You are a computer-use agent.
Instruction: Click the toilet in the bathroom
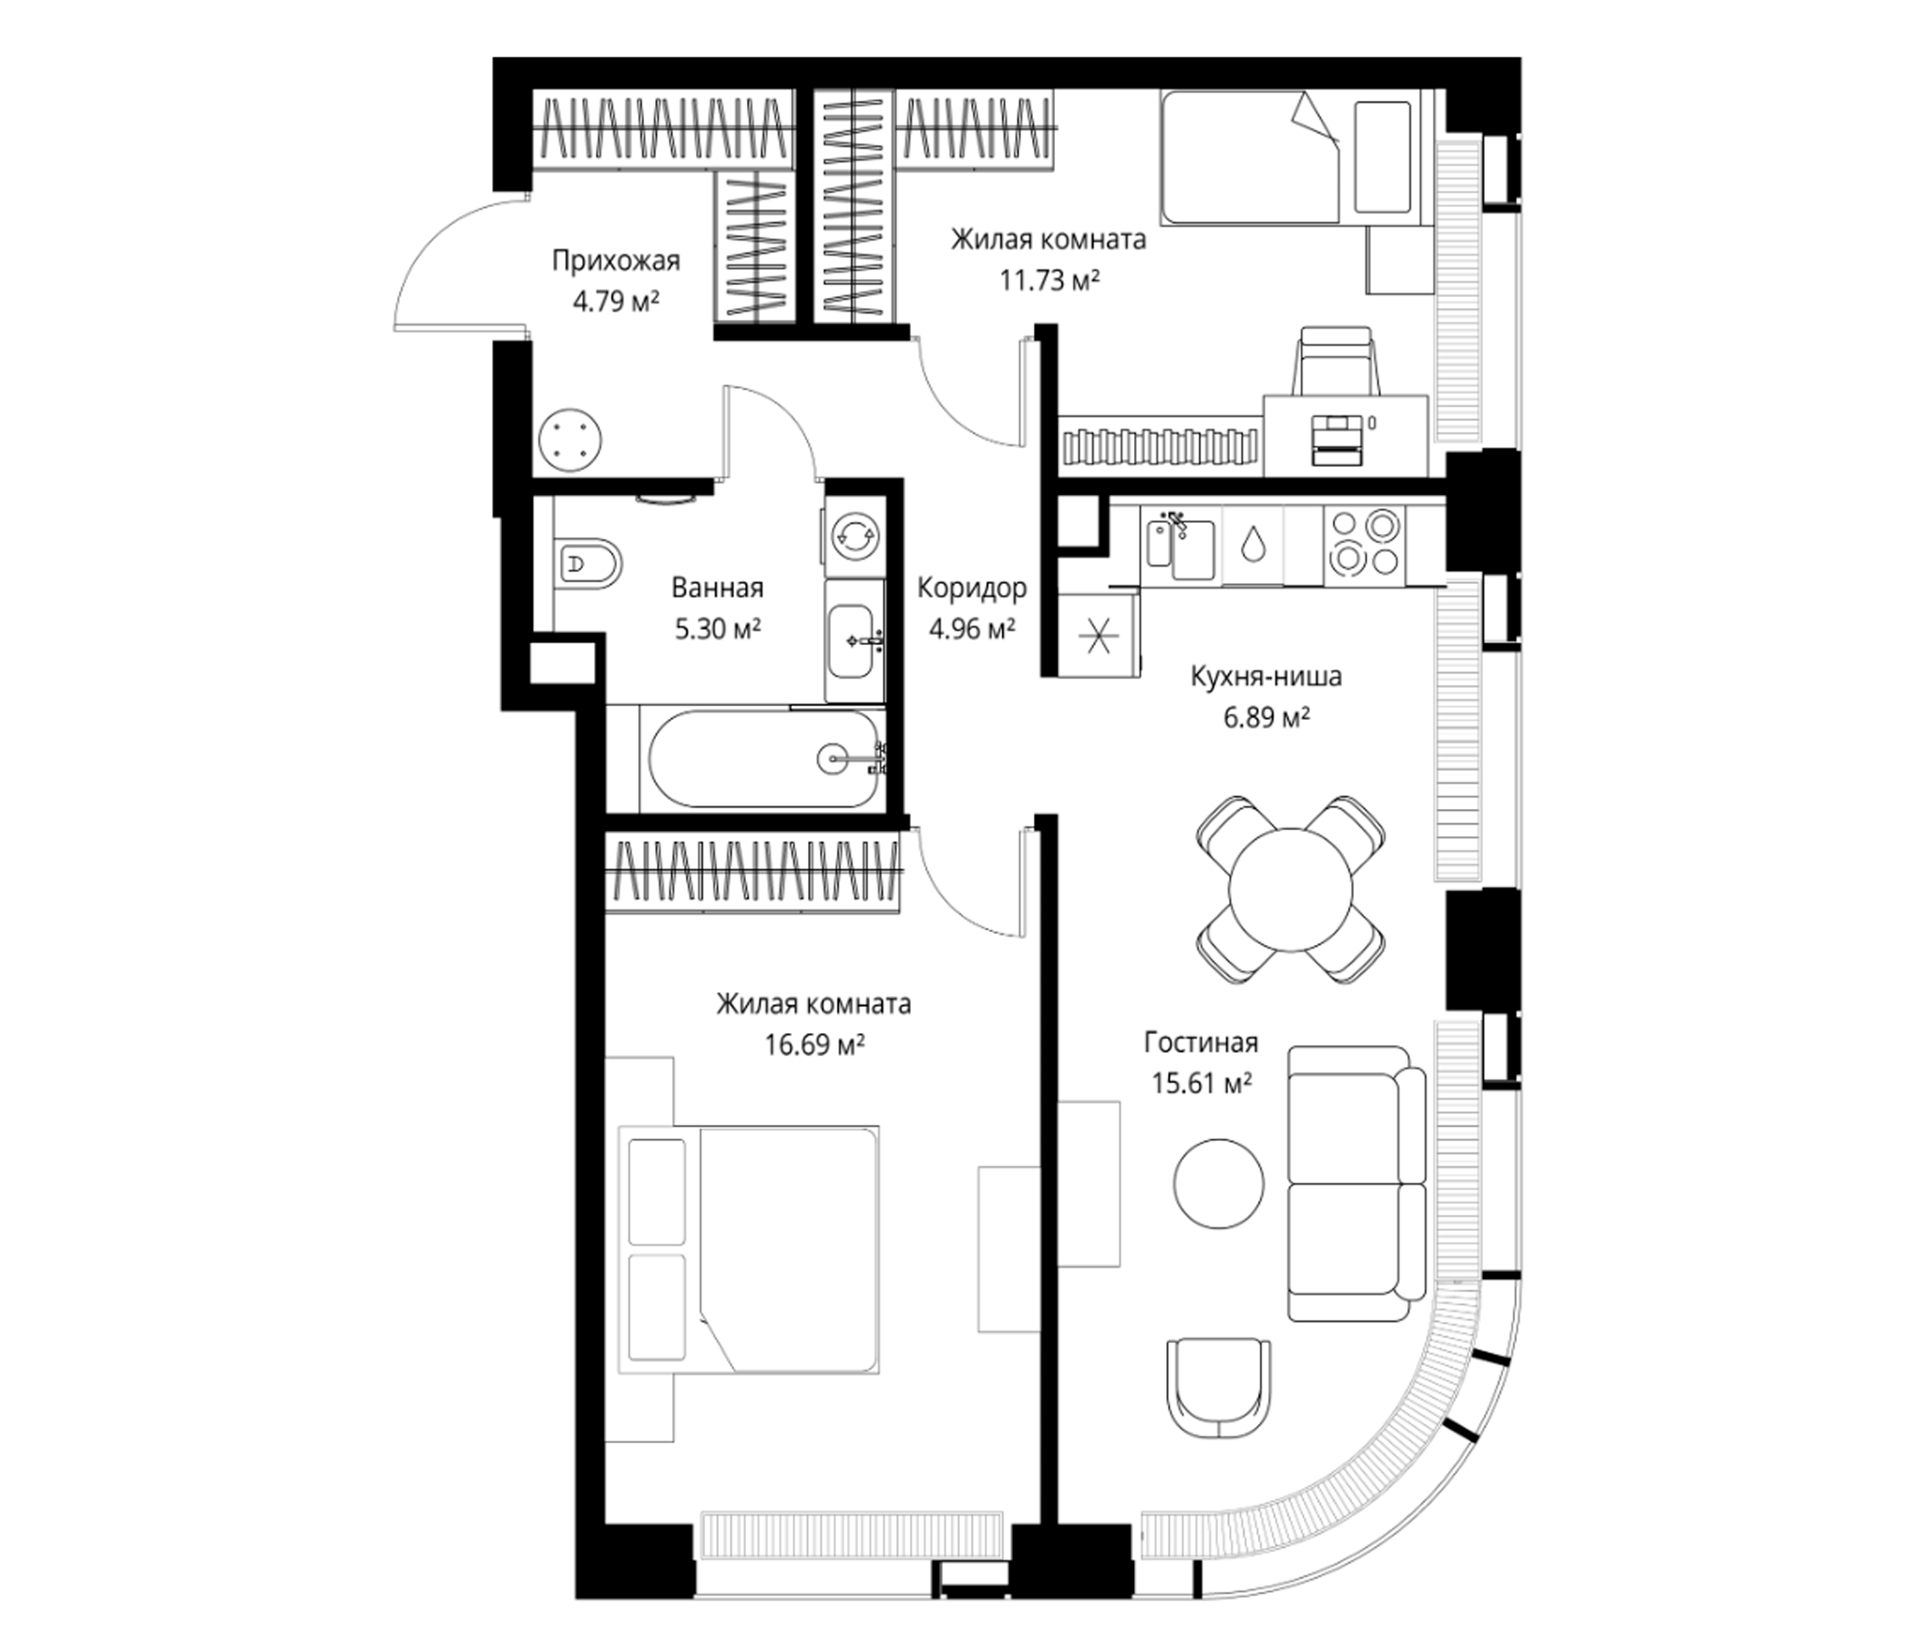[589, 562]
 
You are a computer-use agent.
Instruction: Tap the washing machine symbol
[854, 535]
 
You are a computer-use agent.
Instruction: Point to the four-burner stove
[1365, 545]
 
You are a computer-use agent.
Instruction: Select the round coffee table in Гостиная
[1219, 1183]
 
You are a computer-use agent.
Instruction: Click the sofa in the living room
[1357, 1184]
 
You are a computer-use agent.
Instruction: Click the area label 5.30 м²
[719, 630]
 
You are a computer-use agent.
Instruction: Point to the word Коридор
[972, 589]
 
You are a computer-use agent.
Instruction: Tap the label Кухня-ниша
[1266, 677]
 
